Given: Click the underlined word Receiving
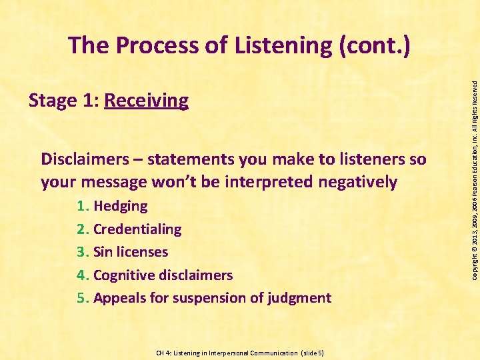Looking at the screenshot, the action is pos(147,101).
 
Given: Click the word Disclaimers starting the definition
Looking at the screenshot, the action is pos(83,159).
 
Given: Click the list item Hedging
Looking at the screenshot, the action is pos(121,206).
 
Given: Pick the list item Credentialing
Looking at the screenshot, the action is pos(137,229).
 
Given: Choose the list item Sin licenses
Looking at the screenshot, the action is pos(131,252).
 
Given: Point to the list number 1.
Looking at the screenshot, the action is pos(82,206).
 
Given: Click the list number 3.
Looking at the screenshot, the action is pos(82,252).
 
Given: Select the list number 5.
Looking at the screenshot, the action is pos(82,298).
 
